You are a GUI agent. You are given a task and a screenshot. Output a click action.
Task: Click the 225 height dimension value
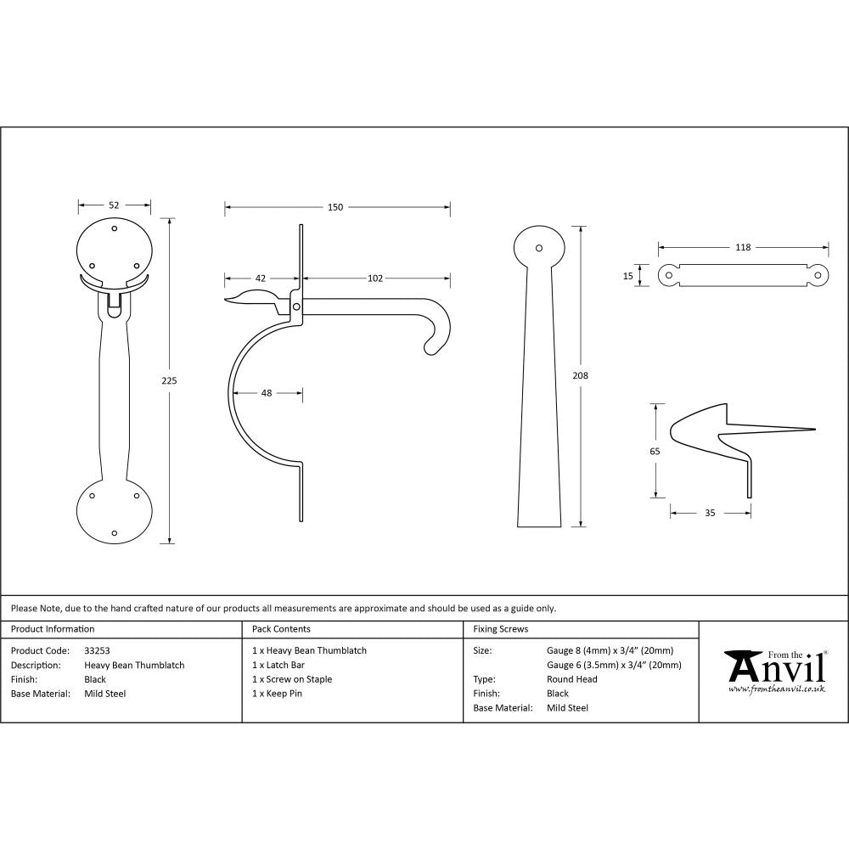[x=169, y=380]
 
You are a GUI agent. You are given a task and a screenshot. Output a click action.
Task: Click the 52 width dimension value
[x=114, y=205]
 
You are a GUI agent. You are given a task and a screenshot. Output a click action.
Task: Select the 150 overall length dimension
[x=335, y=207]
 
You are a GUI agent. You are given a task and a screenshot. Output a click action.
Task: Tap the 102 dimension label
[x=375, y=278]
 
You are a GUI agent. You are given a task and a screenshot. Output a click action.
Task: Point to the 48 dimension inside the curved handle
[x=267, y=392]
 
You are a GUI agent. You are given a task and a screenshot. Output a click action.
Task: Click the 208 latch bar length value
[x=581, y=374]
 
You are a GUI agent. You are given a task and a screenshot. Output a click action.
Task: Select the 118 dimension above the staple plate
[x=743, y=247]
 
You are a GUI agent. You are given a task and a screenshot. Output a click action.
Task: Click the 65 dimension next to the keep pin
[x=655, y=452]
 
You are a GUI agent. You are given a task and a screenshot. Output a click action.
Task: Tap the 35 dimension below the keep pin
[x=710, y=512]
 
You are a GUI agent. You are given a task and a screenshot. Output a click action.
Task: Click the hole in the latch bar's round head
[x=538, y=248]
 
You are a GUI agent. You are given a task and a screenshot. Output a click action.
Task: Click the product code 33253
[x=98, y=650]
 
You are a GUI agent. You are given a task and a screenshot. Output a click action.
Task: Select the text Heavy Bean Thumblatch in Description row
[x=134, y=665]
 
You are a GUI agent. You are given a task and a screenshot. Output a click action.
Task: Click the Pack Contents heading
[x=281, y=629]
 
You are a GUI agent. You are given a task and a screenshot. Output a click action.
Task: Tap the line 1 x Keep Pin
[x=278, y=694]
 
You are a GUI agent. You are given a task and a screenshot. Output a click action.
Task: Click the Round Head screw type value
[x=571, y=679]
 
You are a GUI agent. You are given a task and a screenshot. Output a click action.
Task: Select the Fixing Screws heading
[x=501, y=629]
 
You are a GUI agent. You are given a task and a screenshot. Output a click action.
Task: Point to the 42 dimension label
[x=260, y=278]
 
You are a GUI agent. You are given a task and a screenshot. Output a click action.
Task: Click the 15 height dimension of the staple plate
[x=627, y=275]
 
